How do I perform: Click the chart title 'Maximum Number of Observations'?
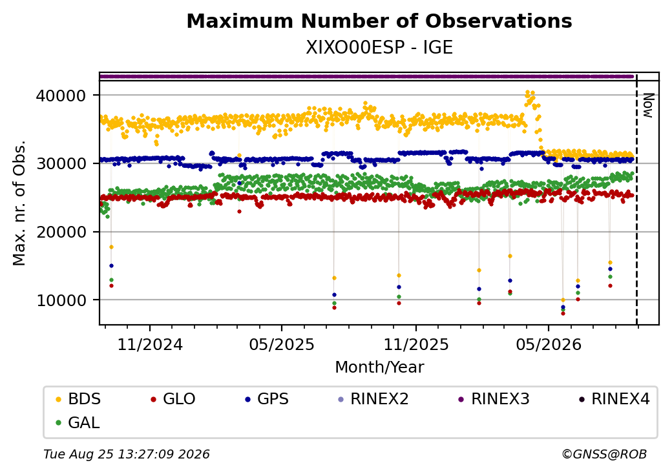[x=379, y=21]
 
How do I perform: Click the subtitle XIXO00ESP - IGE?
[x=379, y=48]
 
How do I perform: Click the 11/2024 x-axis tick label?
[x=150, y=344]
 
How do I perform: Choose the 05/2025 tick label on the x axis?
[x=282, y=344]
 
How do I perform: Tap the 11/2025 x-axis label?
[x=415, y=344]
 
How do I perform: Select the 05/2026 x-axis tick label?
[x=549, y=344]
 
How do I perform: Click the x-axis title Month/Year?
[x=379, y=367]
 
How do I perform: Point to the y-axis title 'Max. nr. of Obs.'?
[x=19, y=203]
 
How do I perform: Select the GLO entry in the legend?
[x=173, y=399]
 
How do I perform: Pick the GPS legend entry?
[x=267, y=399]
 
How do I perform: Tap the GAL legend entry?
[x=78, y=422]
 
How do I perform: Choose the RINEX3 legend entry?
[x=494, y=399]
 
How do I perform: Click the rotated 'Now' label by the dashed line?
[x=649, y=105]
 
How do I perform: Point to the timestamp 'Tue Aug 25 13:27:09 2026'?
[x=127, y=454]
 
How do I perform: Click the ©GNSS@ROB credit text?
[x=604, y=454]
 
